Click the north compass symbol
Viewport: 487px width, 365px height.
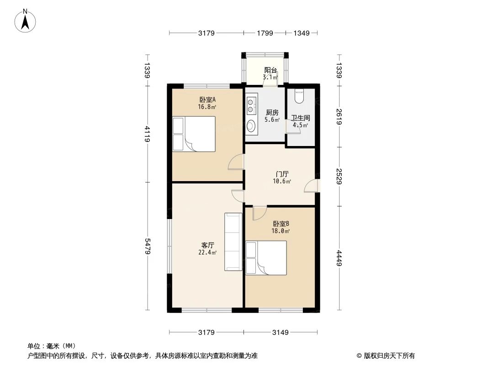point(26,20)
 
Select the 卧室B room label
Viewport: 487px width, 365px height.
point(281,224)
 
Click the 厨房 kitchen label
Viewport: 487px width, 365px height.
point(272,113)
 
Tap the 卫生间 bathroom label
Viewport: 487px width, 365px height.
point(300,118)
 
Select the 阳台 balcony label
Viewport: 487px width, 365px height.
point(270,70)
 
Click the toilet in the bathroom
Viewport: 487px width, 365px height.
point(299,96)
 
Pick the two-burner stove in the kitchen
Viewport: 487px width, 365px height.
point(251,106)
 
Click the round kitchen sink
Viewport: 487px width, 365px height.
point(251,125)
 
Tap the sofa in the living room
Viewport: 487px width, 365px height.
point(233,242)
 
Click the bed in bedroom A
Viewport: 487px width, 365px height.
point(194,134)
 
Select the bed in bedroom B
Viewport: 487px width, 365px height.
point(266,258)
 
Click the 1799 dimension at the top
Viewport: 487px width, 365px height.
point(265,33)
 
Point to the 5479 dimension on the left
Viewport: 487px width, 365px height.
point(147,246)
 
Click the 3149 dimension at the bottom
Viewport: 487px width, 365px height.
point(280,333)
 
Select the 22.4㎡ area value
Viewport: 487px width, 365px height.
point(207,252)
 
